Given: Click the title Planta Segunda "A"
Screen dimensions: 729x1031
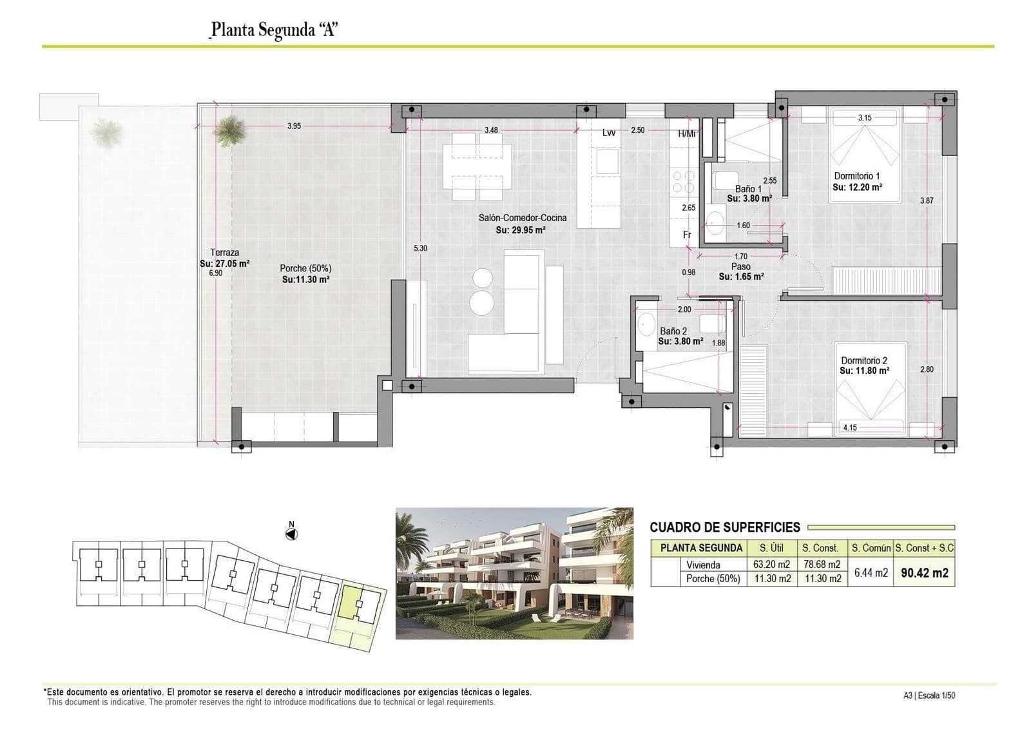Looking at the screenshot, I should pyautogui.click(x=275, y=30).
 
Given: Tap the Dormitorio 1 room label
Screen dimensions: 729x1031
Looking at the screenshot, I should pyautogui.click(x=856, y=176).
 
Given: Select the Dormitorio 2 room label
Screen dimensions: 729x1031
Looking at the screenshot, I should pyautogui.click(x=864, y=361).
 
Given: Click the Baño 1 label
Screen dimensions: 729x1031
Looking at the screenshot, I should pyautogui.click(x=748, y=189).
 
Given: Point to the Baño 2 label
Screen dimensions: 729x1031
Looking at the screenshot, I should pyautogui.click(x=673, y=331).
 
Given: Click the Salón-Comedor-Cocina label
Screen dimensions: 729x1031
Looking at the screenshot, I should pyautogui.click(x=522, y=218).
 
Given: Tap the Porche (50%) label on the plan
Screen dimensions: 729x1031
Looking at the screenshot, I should pyautogui.click(x=305, y=268).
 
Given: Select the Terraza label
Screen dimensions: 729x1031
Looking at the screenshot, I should pyautogui.click(x=224, y=253).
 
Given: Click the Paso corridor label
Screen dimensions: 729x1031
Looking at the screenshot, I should pyautogui.click(x=740, y=266).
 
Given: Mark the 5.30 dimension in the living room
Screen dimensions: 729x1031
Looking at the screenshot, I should pyautogui.click(x=420, y=248).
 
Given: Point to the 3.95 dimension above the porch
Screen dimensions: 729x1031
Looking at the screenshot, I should pyautogui.click(x=294, y=126).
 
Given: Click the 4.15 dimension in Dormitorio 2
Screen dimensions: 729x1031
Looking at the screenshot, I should pyautogui.click(x=849, y=427).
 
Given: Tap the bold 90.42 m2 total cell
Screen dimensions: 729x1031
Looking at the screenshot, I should pyautogui.click(x=924, y=572).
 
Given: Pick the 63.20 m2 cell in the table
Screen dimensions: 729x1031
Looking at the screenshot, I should pyautogui.click(x=772, y=565).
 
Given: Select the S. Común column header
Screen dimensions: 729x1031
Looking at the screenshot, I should pyautogui.click(x=871, y=548).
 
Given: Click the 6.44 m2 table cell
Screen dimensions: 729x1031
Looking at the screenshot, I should pyautogui.click(x=871, y=572).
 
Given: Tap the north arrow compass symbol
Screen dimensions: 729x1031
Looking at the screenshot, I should pyautogui.click(x=292, y=534).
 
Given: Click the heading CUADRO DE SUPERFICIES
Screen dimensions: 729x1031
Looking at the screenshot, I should pyautogui.click(x=724, y=527).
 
